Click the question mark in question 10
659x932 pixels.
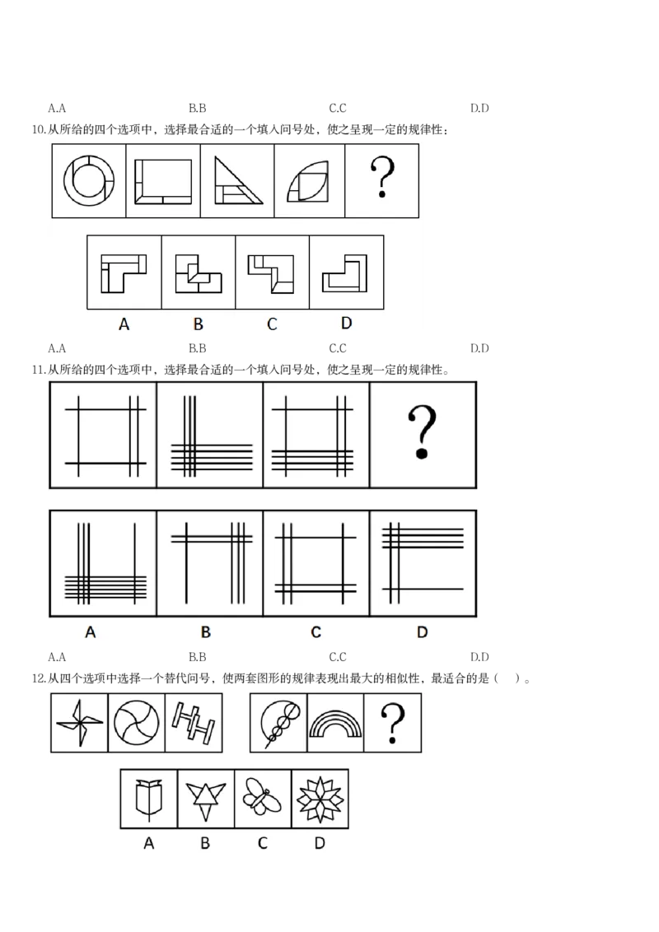click(382, 176)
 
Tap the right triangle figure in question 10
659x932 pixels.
click(238, 180)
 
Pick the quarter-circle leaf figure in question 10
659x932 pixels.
click(307, 181)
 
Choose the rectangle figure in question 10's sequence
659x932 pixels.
click(163, 181)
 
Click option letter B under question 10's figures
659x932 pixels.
click(198, 324)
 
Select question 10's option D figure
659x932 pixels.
click(344, 273)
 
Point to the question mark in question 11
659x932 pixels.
click(423, 432)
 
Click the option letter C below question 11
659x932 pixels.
click(315, 631)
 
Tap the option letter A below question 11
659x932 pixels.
click(91, 631)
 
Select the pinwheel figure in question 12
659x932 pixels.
click(79, 723)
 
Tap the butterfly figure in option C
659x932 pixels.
click(262, 796)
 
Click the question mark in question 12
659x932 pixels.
click(393, 723)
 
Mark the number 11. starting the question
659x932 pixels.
click(39, 370)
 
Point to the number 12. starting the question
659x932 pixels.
click(39, 678)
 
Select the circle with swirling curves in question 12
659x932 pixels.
click(136, 723)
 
